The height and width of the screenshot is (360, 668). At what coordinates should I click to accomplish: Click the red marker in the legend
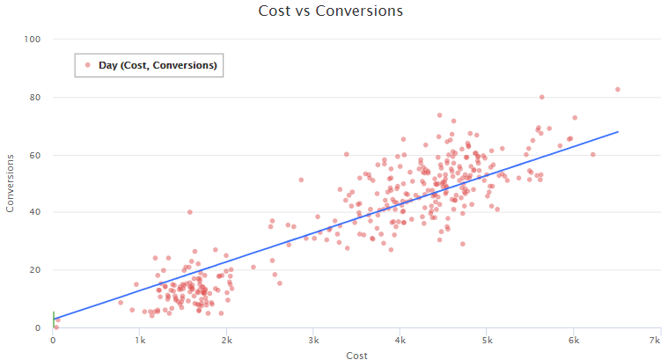tap(88, 64)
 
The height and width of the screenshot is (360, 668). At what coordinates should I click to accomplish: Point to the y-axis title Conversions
tap(11, 183)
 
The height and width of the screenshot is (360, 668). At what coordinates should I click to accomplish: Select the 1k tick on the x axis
tap(140, 339)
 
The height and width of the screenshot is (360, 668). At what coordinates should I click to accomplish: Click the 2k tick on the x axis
tap(226, 339)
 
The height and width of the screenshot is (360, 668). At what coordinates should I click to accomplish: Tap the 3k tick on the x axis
tap(313, 339)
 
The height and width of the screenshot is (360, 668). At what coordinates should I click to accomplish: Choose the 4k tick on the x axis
tap(400, 339)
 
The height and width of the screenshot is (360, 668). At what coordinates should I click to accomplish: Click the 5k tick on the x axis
tap(487, 339)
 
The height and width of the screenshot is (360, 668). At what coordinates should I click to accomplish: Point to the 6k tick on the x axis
tap(573, 339)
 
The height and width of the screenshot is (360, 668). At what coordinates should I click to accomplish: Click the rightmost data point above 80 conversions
tap(618, 89)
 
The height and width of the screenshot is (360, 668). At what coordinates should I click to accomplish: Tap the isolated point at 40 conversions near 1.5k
tap(189, 212)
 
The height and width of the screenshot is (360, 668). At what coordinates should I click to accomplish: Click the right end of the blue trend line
tap(618, 132)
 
